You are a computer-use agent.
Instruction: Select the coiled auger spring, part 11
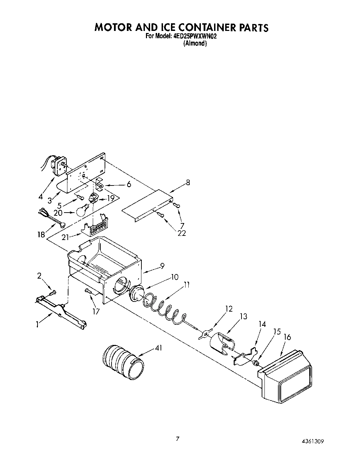point(163,305)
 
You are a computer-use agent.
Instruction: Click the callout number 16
point(287,337)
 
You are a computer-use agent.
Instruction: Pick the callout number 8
point(188,182)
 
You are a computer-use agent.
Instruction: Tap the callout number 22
point(181,233)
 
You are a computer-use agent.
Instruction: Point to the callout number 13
point(243,316)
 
